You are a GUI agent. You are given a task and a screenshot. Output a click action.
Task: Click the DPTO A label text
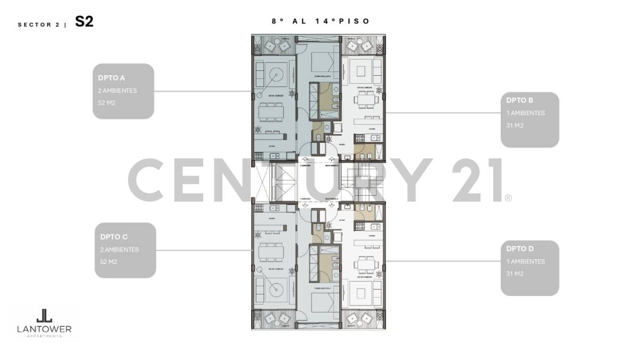[x=108, y=78]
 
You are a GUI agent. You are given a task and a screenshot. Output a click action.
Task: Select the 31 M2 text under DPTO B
[x=515, y=125]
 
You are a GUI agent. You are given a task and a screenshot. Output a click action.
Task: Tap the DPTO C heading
[x=114, y=237]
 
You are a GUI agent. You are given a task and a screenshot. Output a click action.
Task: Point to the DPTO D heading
[x=520, y=249]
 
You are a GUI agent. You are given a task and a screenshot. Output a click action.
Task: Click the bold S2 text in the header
[x=84, y=22]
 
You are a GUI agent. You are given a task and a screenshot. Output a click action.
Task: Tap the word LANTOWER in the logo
[x=44, y=330]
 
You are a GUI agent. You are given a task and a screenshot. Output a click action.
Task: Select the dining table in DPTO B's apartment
[x=366, y=99]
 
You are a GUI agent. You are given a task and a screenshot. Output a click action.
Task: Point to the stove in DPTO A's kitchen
[x=260, y=156]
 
